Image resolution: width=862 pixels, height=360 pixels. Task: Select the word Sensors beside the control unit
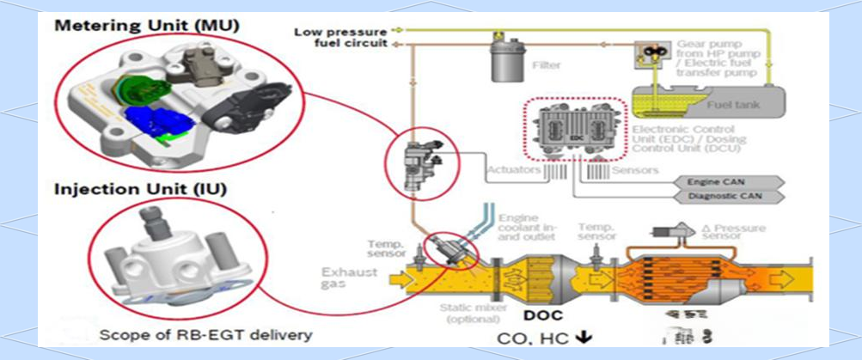click(x=637, y=170)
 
